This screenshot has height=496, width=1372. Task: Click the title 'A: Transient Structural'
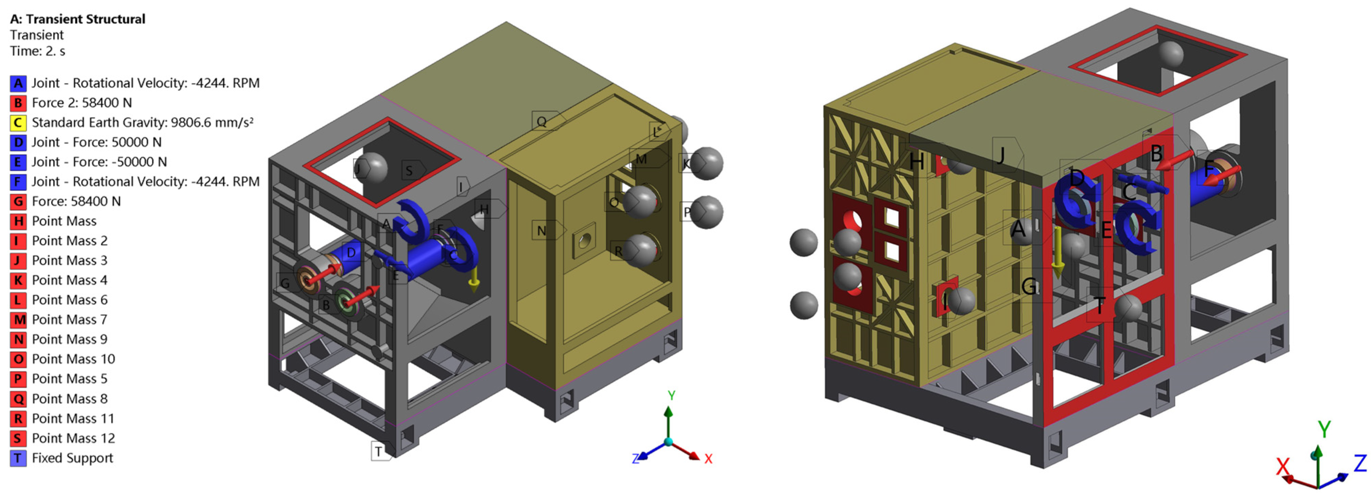[78, 19]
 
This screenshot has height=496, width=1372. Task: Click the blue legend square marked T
[18, 458]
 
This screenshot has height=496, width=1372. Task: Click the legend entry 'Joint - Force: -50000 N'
[99, 162]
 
